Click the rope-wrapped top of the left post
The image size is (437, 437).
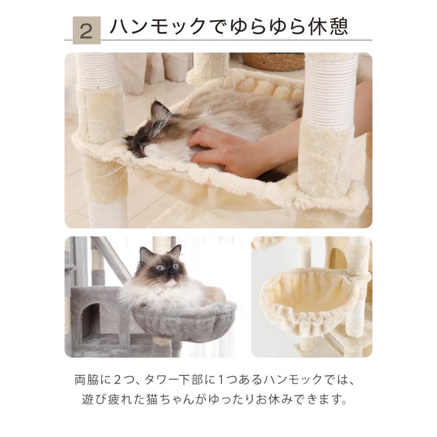click(98, 70)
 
